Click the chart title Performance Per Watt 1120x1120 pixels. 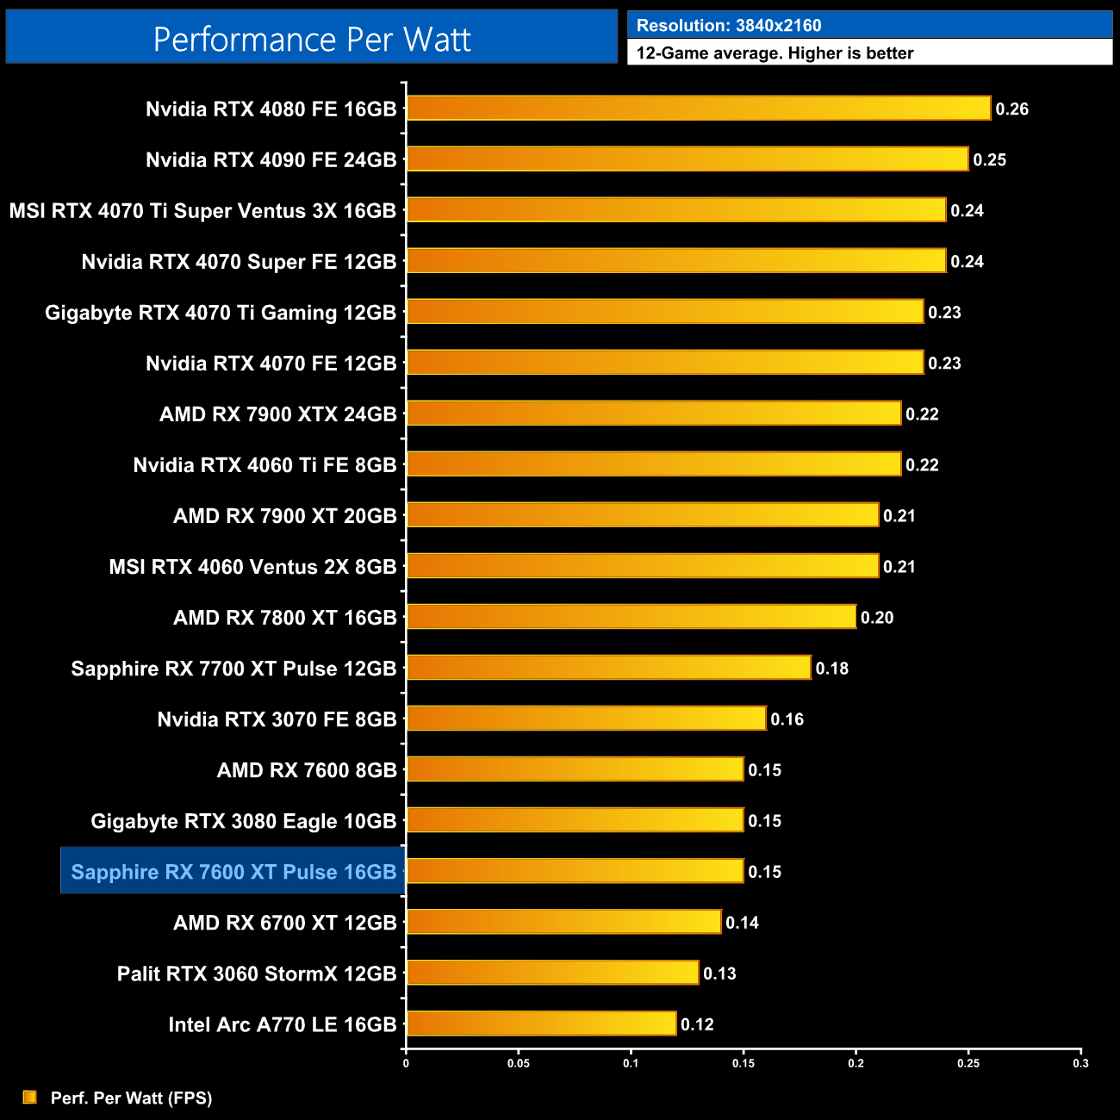312,39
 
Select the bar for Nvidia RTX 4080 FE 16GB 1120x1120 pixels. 699,109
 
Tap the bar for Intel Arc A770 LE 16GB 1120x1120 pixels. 541,1024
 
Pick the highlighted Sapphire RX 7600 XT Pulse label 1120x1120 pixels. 233,872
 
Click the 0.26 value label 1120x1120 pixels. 1011,109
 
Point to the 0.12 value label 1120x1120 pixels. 697,1024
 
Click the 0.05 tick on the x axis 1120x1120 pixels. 519,1063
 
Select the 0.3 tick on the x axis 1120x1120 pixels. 1080,1063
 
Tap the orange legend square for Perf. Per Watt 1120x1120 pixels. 30,1097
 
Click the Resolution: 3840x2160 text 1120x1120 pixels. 729,26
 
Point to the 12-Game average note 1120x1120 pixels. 775,53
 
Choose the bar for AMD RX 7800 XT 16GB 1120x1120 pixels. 632,617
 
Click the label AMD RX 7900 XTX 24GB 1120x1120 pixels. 278,414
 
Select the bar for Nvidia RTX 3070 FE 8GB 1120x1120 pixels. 586,719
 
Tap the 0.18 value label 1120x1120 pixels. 831,669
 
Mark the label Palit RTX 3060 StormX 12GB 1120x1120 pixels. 257,974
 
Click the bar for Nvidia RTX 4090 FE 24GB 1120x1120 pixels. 688,159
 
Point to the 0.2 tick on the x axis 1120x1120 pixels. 856,1063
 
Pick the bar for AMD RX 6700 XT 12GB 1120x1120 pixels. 563,922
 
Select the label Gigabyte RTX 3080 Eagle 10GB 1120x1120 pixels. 244,821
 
